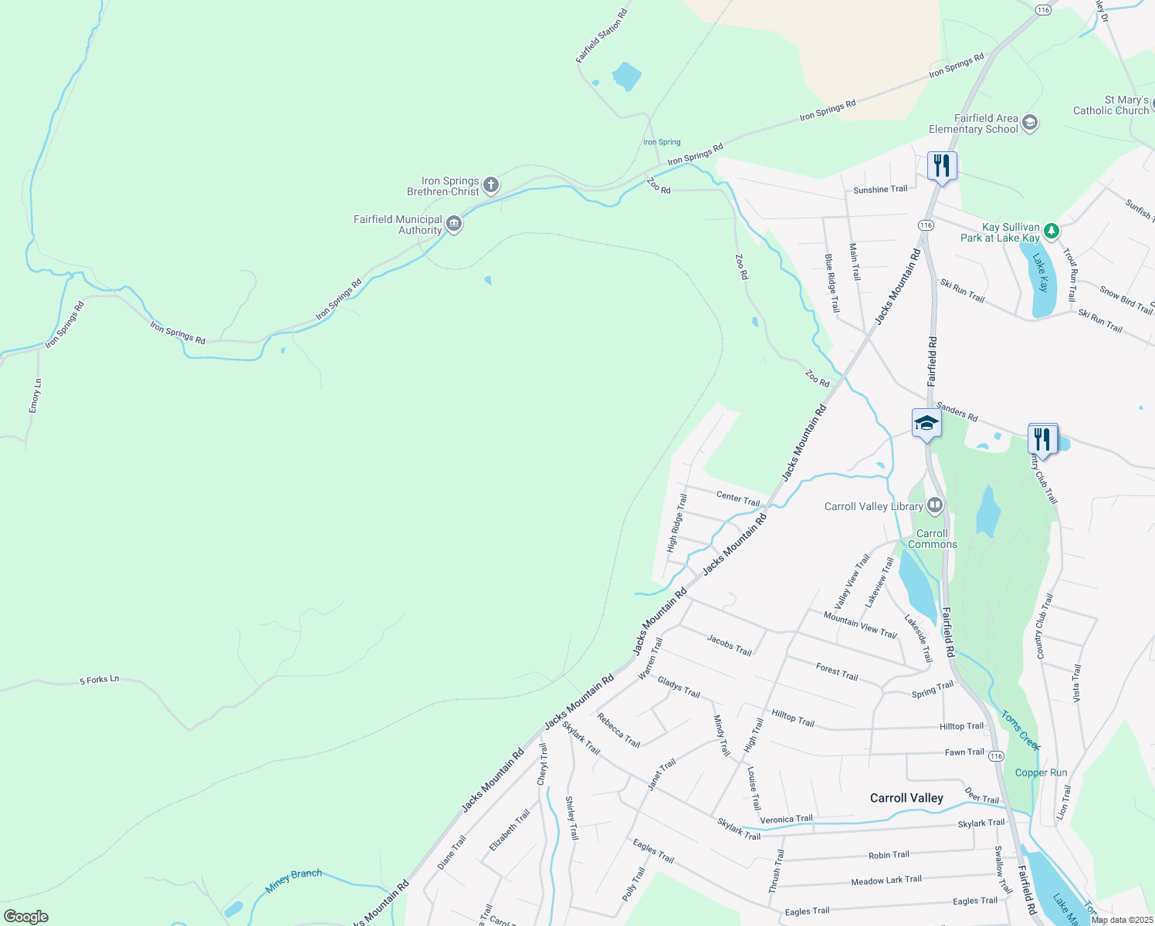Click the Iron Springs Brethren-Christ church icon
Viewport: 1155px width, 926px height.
491,186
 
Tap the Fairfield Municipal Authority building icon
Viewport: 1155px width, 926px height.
454,225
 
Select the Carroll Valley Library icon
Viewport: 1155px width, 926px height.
935,506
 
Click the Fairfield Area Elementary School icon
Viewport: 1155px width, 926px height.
1030,123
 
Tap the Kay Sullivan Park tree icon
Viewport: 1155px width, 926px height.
1051,231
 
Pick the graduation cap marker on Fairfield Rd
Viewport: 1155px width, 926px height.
926,424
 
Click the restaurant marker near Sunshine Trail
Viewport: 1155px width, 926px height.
942,166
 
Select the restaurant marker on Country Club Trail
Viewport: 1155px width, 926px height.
1043,439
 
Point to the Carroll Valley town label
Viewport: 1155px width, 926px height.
906,798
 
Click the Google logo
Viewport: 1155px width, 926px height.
25,917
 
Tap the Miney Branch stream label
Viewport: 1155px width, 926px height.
293,880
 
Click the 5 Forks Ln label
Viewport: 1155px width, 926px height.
100,680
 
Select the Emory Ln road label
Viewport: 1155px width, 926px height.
35,395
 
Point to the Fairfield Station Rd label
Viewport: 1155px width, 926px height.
601,36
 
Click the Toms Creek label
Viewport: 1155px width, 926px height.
1020,730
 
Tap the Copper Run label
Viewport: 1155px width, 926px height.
1041,772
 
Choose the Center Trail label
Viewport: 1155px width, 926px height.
738,498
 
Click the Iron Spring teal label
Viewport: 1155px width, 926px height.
662,142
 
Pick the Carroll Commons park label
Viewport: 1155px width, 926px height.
932,539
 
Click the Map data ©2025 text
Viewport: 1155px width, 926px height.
1122,920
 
